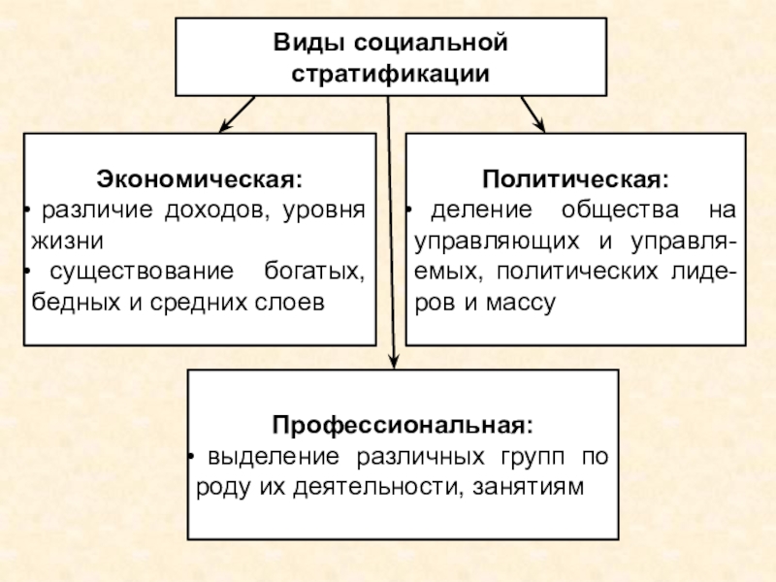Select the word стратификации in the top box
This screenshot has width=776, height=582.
[x=390, y=74]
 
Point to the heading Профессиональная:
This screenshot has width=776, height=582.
[x=403, y=425]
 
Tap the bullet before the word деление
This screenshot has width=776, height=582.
[x=410, y=210]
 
